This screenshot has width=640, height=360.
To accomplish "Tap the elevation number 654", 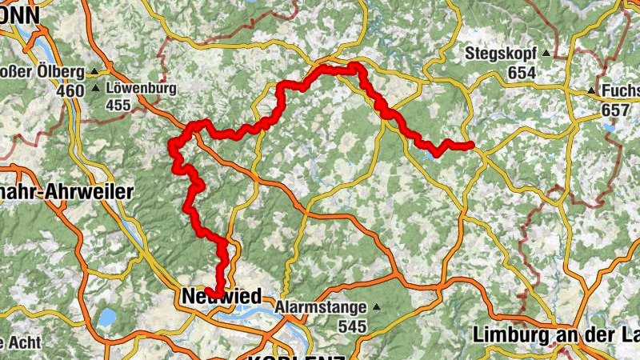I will coord(520,73).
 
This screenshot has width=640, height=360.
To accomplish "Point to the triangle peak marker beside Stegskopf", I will coord(546,54).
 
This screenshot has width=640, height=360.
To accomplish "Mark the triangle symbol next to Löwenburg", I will coord(96,88).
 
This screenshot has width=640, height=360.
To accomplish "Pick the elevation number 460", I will coord(70,90).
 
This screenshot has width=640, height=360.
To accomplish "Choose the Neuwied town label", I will coord(221,297).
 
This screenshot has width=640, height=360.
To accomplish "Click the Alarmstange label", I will coord(320,307).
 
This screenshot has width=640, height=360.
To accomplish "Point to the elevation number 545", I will coord(351,326).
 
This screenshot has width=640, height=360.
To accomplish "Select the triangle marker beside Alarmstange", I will coord(376,307).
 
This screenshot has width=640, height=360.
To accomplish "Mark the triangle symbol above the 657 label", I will coord(591,90).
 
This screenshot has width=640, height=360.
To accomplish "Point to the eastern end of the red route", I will coord(471,145).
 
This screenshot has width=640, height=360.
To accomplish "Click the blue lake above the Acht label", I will coord(106,317).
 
